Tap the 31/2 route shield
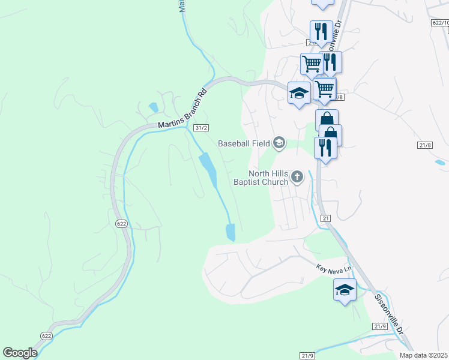(x=201, y=128)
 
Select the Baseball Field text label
(x=244, y=143)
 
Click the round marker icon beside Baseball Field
(x=279, y=143)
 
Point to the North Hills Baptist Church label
(x=261, y=178)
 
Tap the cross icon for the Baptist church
(x=297, y=177)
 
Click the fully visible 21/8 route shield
(x=425, y=145)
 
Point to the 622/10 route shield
(x=441, y=23)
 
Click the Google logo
(x=20, y=352)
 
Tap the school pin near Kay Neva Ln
(x=345, y=290)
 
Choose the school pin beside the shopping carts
(x=299, y=93)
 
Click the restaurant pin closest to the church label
(x=325, y=148)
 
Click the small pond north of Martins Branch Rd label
(x=154, y=108)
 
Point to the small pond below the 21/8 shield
(x=440, y=162)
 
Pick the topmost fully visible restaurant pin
(x=321, y=32)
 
